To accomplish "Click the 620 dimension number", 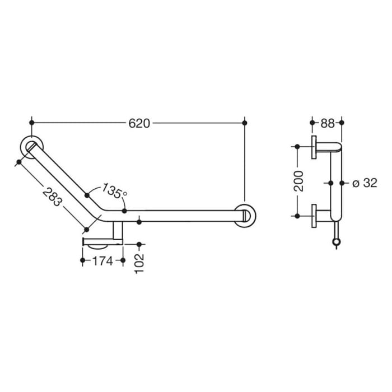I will tap(139, 123).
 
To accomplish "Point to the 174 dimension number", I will tap(102, 260).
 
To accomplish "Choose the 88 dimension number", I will tap(327, 123).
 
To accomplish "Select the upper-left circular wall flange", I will tap(30, 147).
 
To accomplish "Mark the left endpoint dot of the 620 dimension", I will tap(32, 122).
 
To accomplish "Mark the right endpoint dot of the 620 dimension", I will tap(245, 122).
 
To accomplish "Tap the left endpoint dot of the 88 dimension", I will tap(312, 122).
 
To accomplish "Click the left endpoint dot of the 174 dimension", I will tap(83, 260).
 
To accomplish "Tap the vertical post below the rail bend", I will tap(118, 231).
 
